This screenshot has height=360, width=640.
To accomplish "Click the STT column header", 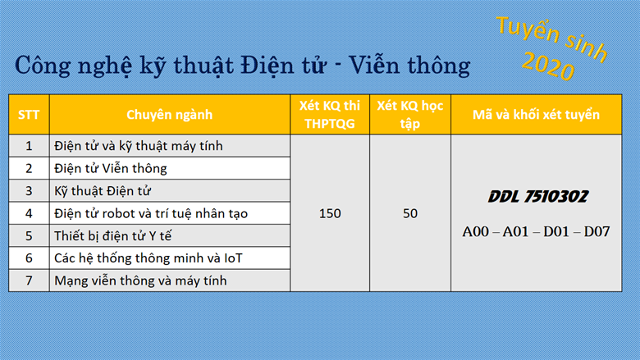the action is click(x=29, y=115).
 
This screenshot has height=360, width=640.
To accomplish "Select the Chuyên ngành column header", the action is click(x=169, y=115).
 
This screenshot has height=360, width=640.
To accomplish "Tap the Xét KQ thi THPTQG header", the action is click(x=330, y=115).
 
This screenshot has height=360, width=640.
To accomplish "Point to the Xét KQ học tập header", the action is click(x=409, y=115).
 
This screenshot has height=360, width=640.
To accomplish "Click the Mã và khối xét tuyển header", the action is click(x=536, y=115).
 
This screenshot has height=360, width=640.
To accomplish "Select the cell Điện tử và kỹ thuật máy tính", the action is click(x=139, y=146).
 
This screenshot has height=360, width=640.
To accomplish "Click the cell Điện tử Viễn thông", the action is click(x=111, y=168).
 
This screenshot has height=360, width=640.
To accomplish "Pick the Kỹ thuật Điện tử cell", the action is click(x=103, y=191).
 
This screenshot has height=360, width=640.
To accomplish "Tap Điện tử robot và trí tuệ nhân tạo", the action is click(x=151, y=213).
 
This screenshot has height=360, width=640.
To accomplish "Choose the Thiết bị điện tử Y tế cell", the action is click(x=112, y=235).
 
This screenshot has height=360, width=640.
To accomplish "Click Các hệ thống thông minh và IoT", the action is click(x=149, y=258).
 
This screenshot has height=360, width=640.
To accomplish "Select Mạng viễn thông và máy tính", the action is click(x=140, y=280).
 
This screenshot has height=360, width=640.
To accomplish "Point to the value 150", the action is click(x=330, y=213).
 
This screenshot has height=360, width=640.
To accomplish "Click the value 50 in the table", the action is click(x=410, y=213).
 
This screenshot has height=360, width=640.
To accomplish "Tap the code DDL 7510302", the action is click(x=538, y=197).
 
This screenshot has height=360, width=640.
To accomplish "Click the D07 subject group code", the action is click(x=597, y=231).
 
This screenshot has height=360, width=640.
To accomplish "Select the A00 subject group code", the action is click(x=476, y=231).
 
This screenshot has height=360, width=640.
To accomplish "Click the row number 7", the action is click(x=29, y=280).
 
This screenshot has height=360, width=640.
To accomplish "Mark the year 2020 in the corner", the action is click(x=548, y=66).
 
